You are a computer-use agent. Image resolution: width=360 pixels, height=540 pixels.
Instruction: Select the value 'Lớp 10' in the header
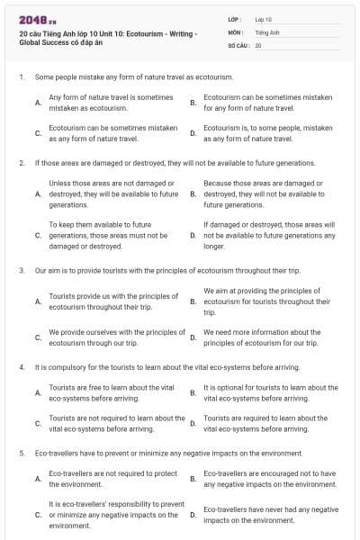pos(263,18)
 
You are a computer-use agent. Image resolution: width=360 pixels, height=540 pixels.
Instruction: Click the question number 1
pos(21,77)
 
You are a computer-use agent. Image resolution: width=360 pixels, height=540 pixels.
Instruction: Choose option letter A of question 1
pos(37,102)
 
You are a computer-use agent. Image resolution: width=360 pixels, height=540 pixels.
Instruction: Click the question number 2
pos(21,163)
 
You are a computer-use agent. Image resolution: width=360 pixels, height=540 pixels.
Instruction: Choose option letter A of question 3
pos(37,301)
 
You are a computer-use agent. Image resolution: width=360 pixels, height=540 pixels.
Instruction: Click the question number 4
pos(21,368)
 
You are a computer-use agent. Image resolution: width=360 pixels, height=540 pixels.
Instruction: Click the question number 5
pos(21,453)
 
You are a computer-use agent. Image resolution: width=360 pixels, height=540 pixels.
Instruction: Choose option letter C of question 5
pos(37,515)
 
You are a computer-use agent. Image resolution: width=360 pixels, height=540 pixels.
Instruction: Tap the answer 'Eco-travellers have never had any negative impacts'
pos(270,515)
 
